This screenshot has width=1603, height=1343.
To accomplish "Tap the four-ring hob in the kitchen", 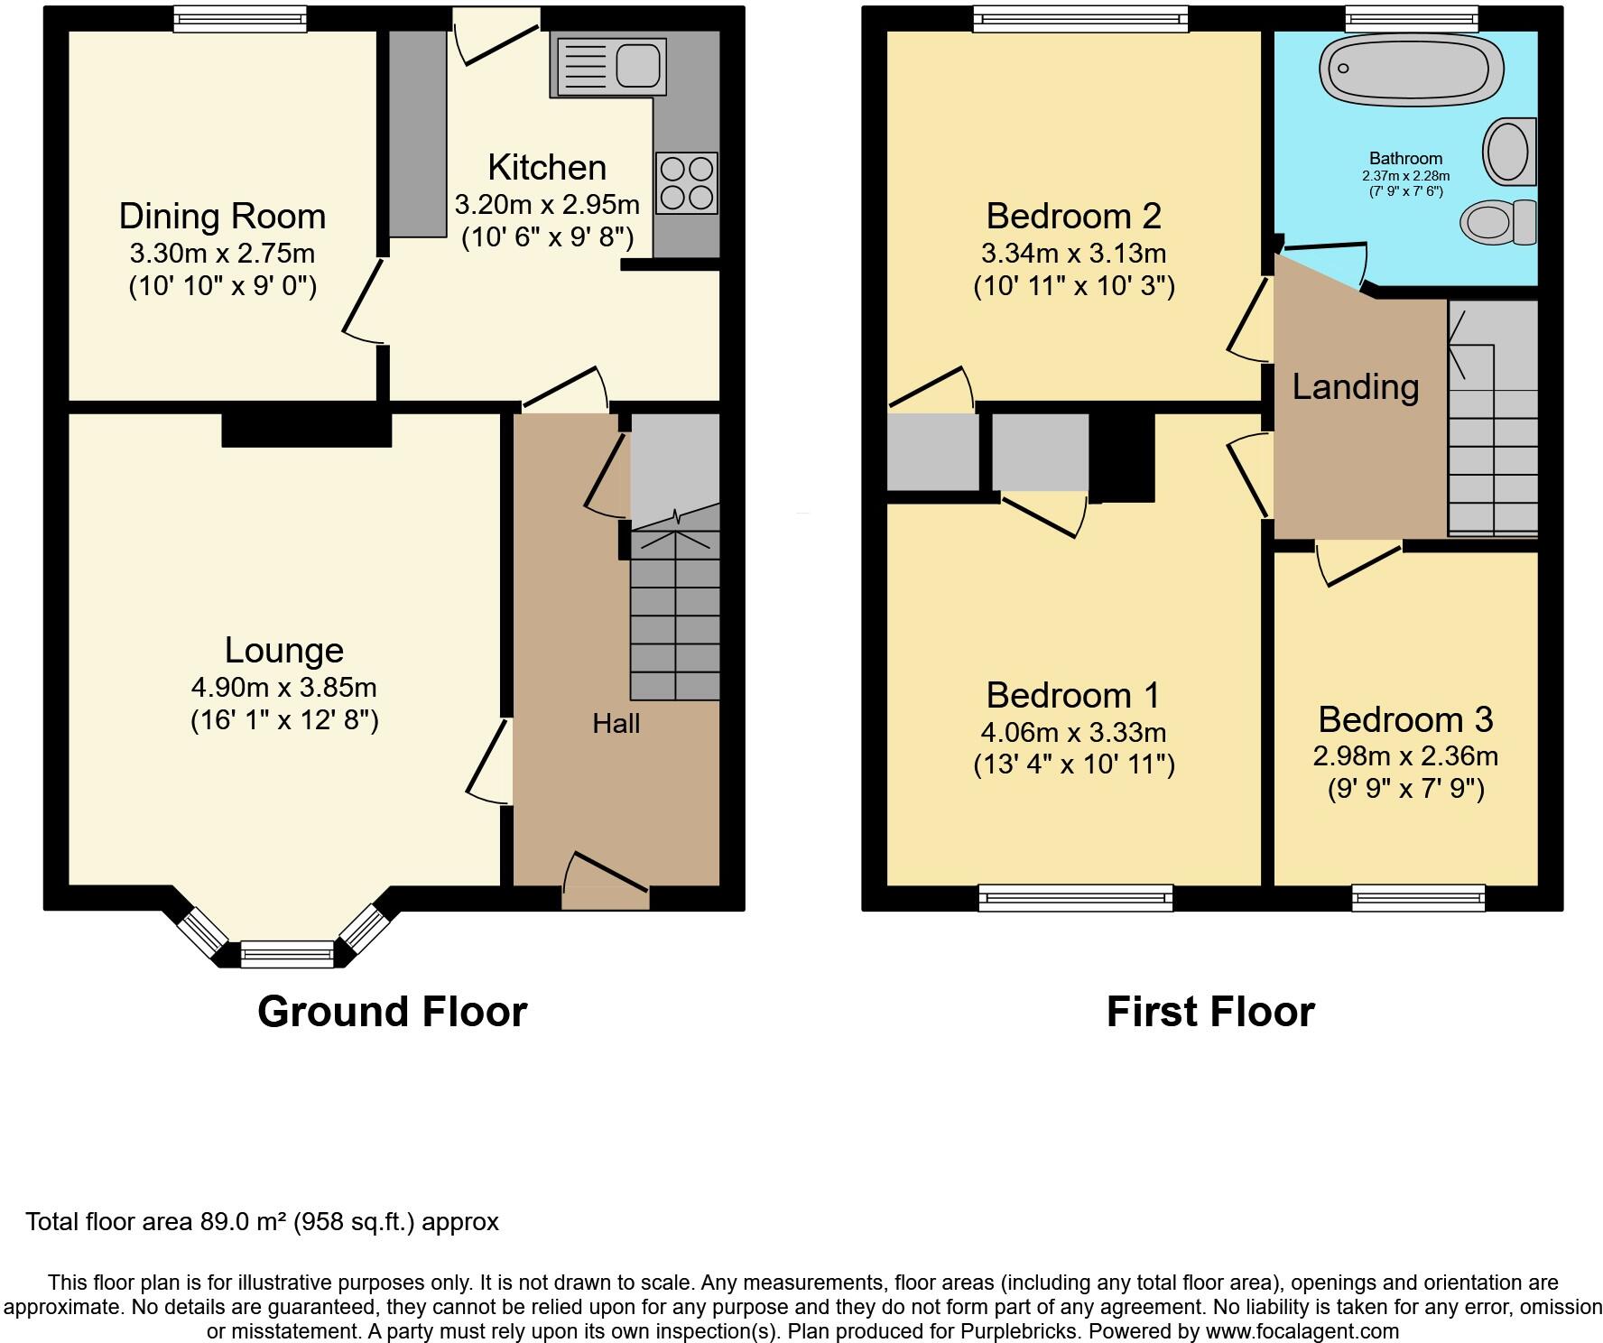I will (x=687, y=183).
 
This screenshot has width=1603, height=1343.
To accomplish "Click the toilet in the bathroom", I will (x=1498, y=222).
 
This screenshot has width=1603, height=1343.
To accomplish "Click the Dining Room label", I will (x=222, y=217).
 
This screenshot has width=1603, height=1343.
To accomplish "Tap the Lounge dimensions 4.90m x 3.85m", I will (x=283, y=688).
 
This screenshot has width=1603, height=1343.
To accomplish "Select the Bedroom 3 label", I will (x=1405, y=720).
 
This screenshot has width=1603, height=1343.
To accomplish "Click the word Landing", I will (x=1355, y=387).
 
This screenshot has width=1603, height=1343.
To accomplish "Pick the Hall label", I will (x=616, y=723).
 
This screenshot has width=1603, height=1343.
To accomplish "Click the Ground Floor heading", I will (x=392, y=1012).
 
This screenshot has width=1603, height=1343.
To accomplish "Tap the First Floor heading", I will (x=1209, y=1012).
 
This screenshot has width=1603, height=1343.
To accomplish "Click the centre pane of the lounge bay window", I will (x=287, y=953).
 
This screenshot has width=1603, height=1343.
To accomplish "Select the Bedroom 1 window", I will (x=1075, y=897).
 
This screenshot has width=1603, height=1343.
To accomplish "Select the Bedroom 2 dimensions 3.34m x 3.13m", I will (x=1073, y=254).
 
